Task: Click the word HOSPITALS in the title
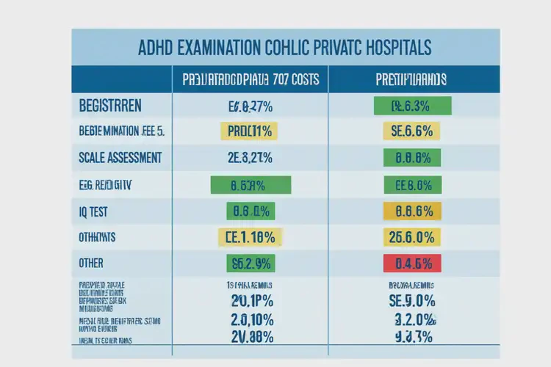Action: point(393,48)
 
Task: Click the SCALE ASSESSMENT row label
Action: point(120,158)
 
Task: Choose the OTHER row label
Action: point(91,263)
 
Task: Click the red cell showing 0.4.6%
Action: point(412,263)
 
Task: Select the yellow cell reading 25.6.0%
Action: point(412,237)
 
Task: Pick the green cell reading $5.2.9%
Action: point(251,263)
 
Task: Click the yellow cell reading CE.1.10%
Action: point(251,237)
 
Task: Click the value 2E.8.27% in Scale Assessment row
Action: point(251,158)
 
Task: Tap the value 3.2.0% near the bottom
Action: point(412,319)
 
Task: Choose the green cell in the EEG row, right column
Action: point(412,184)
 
